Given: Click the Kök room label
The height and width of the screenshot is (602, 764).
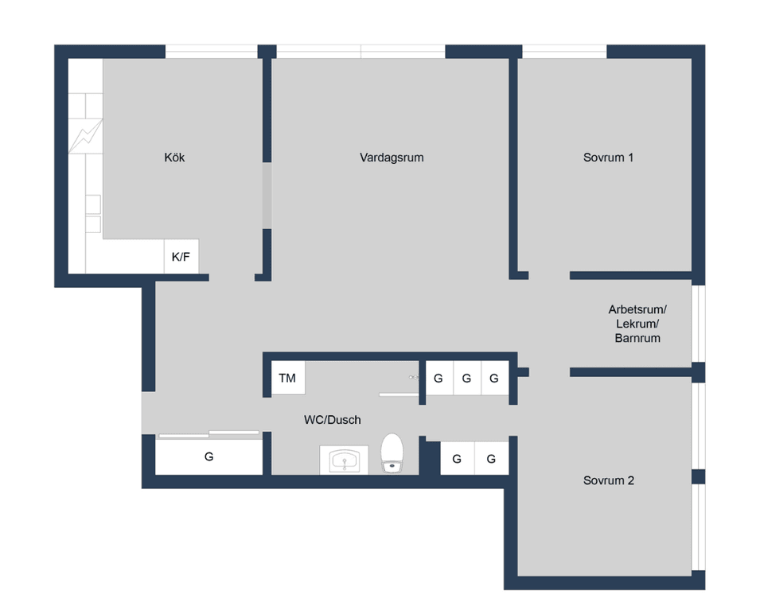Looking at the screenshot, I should [x=174, y=157].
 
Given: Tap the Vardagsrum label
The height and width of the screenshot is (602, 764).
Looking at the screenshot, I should [x=392, y=157].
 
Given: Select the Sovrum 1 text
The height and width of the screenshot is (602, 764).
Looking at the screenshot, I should [x=608, y=157].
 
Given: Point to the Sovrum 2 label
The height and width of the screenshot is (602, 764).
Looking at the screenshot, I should [x=608, y=480].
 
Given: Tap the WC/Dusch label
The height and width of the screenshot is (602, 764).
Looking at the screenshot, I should [x=333, y=420].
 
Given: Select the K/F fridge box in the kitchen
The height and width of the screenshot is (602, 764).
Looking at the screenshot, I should [x=181, y=257].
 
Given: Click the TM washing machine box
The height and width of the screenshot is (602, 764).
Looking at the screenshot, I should [x=287, y=379].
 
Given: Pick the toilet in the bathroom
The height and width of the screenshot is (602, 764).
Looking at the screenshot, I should [x=392, y=453].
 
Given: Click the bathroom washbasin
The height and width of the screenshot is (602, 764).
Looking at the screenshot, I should [x=344, y=460].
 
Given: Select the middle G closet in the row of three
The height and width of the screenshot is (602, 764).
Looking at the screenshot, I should [x=466, y=379].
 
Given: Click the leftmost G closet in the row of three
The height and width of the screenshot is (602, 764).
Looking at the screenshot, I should [x=439, y=379].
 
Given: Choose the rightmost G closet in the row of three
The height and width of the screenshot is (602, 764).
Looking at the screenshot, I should [x=494, y=379].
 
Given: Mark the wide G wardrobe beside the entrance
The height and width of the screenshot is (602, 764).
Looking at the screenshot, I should [x=209, y=457].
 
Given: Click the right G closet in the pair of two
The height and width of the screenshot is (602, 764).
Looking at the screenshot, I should [x=492, y=459].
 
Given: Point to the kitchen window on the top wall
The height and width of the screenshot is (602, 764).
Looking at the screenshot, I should [x=211, y=52].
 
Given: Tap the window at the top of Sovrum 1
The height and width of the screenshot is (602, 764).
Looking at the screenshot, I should [x=563, y=52].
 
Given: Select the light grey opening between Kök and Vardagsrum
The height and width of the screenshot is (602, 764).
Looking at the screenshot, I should [x=267, y=196].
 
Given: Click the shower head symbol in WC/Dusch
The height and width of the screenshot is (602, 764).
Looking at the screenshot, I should [x=413, y=377].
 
